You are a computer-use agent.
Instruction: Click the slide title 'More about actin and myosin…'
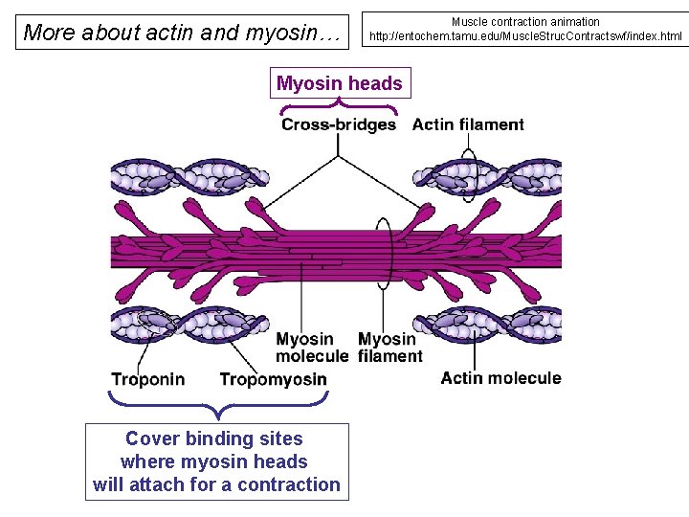click(x=182, y=33)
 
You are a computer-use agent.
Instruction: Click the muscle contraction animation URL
click(x=525, y=37)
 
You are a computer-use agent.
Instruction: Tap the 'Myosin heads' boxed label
click(x=339, y=83)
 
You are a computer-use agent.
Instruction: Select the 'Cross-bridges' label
click(x=339, y=124)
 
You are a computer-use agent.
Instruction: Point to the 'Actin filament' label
click(x=468, y=124)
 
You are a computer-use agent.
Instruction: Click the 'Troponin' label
click(x=147, y=379)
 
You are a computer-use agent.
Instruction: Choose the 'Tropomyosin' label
click(x=273, y=379)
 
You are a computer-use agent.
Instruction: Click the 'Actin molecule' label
click(x=500, y=378)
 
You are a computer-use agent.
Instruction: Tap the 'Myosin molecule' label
click(x=312, y=348)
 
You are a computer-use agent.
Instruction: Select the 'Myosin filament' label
click(x=389, y=348)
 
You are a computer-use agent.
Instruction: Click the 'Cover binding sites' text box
click(x=216, y=461)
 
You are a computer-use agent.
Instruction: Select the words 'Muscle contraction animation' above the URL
click(x=525, y=21)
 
